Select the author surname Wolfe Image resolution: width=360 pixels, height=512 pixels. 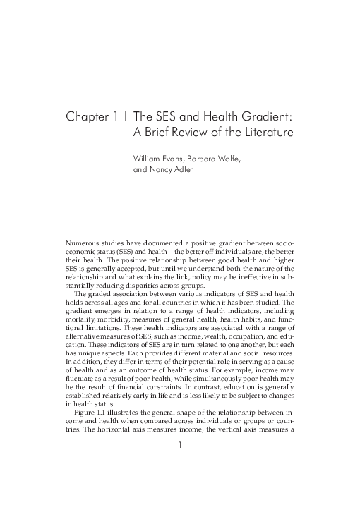pos(227,159)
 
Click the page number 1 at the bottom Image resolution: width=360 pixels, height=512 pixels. pos(180,484)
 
